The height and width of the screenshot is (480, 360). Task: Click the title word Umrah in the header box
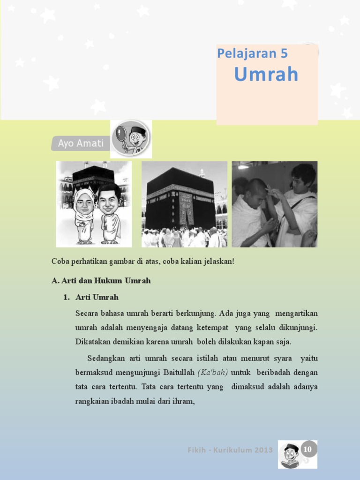point(266,74)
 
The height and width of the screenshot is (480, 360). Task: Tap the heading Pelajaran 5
point(252,53)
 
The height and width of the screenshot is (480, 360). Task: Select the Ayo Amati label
point(80,143)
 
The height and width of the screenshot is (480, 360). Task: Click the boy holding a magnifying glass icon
point(132,139)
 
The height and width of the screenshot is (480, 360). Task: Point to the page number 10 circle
point(307,450)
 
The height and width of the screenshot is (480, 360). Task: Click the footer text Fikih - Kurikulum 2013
point(230,450)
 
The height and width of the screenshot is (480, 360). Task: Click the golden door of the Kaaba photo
point(187,211)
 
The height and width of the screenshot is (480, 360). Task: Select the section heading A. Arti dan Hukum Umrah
point(101,281)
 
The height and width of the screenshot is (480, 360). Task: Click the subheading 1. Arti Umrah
point(97,297)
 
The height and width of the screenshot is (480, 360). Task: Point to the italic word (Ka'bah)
point(213,373)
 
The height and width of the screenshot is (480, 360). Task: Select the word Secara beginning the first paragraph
point(87,313)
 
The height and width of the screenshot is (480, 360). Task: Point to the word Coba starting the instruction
point(60,261)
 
